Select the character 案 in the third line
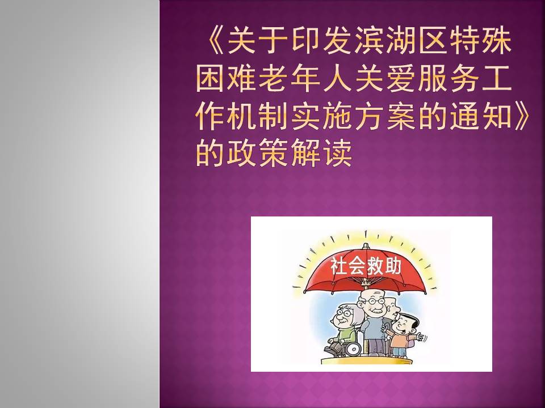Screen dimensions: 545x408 coord(400,116)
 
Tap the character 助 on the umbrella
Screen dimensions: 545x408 coord(393,266)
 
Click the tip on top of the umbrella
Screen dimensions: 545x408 coord(365,245)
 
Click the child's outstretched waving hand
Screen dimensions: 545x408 coord(421,337)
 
